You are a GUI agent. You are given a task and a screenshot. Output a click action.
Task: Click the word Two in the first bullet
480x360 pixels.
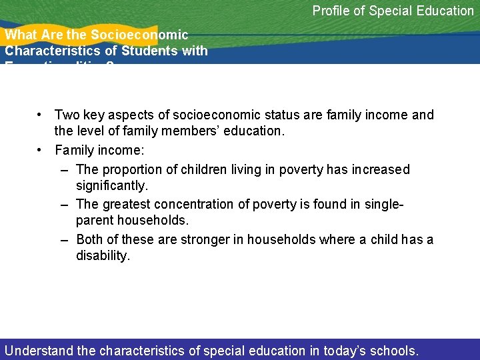pyautogui.click(x=67, y=115)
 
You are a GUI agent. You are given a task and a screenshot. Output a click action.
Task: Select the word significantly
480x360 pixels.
pyautogui.click(x=111, y=185)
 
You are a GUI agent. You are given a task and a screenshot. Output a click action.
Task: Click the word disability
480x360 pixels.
pyautogui.click(x=102, y=255)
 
